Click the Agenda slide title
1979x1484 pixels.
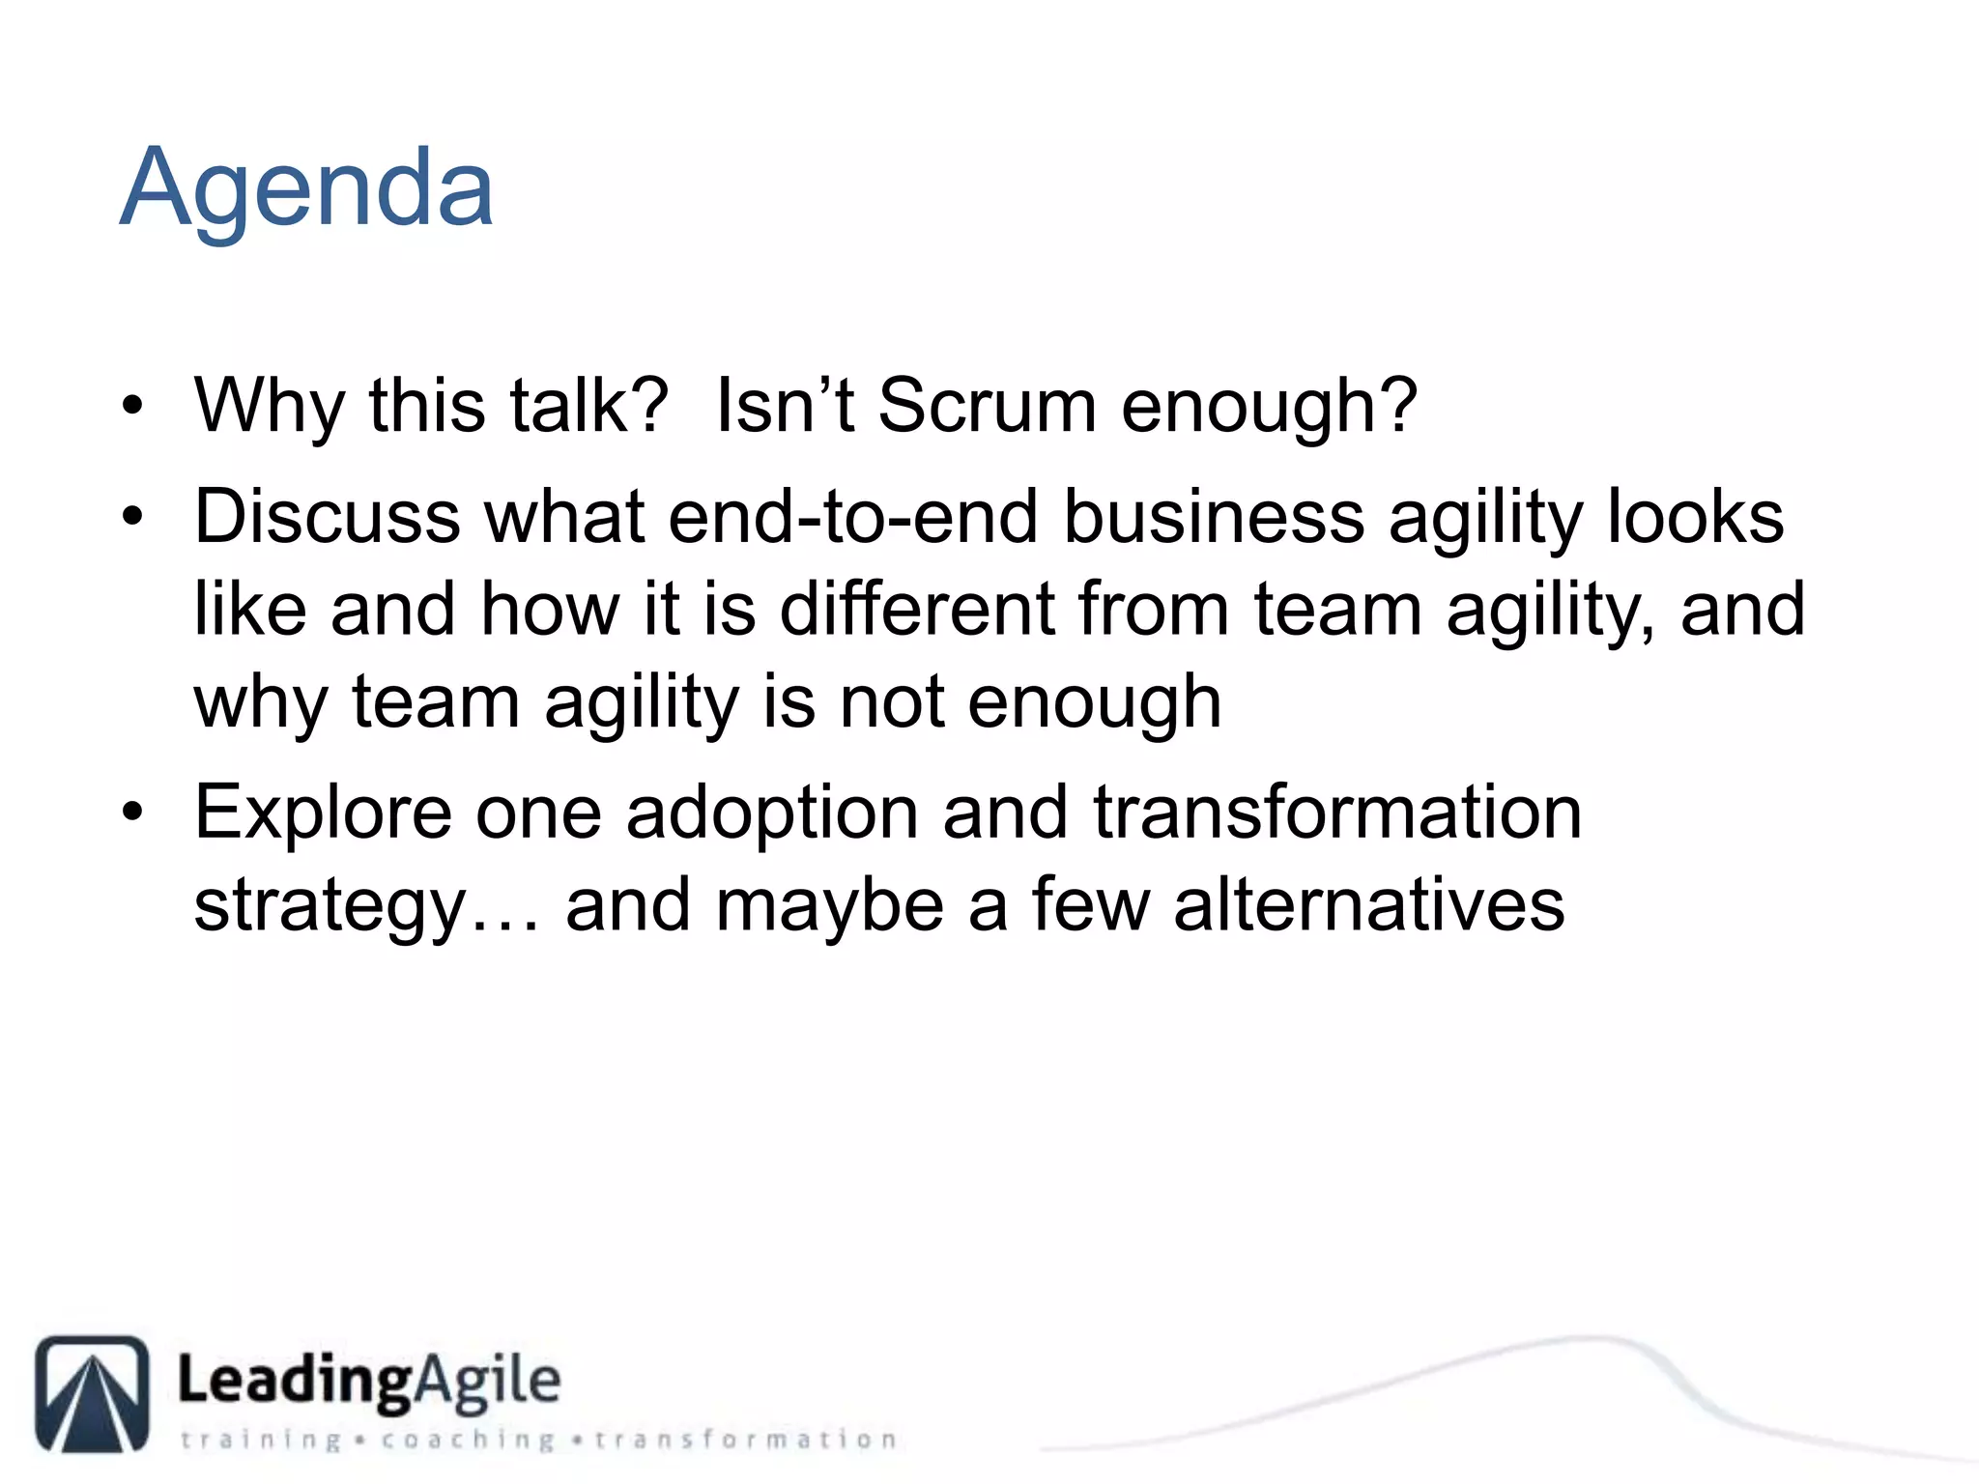(x=306, y=188)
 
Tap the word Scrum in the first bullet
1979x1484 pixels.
(x=987, y=406)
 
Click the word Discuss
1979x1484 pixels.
(x=327, y=517)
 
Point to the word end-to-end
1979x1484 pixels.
(x=852, y=517)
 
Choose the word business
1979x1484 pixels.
(x=1214, y=517)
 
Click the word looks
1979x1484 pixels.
(x=1695, y=517)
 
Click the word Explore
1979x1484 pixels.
(x=323, y=814)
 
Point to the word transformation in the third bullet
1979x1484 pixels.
(x=1337, y=813)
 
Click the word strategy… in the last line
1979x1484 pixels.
(x=366, y=907)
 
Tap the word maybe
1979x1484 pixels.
(x=829, y=907)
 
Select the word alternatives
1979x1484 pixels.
(x=1368, y=905)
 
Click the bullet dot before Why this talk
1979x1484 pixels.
(x=132, y=406)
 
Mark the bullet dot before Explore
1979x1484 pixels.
(x=132, y=813)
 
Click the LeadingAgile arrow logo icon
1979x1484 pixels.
(x=93, y=1393)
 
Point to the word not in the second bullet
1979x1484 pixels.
(x=891, y=702)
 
